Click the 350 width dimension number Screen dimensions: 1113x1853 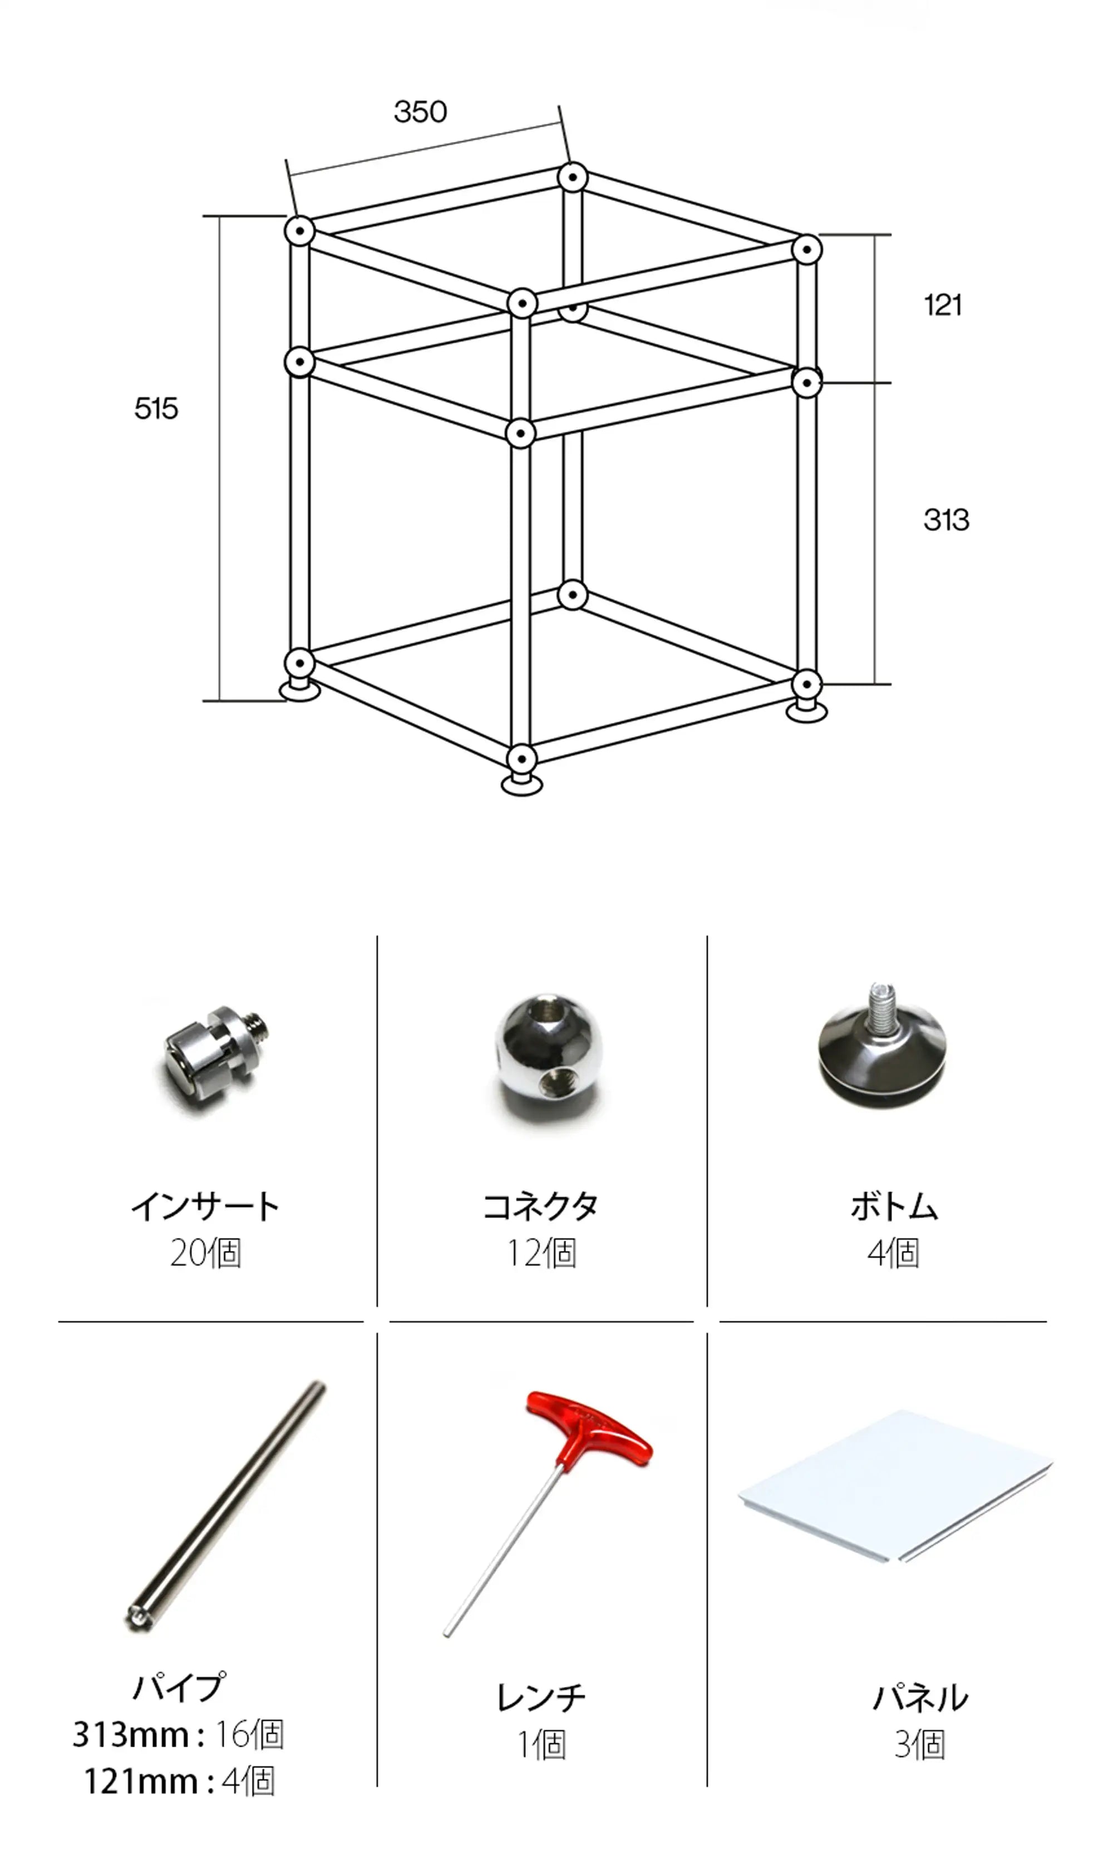coord(420,112)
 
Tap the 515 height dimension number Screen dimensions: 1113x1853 coord(156,408)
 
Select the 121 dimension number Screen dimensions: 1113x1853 coord(943,306)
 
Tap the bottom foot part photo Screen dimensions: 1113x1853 coord(882,1044)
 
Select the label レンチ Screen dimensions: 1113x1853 coord(541,1698)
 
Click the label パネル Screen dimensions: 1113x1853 coord(920,1698)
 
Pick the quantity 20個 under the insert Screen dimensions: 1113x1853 coord(205,1253)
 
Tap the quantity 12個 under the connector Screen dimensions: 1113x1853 coord(541,1253)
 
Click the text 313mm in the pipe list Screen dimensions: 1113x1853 coord(131,1734)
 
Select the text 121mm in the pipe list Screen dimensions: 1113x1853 coord(140,1782)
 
